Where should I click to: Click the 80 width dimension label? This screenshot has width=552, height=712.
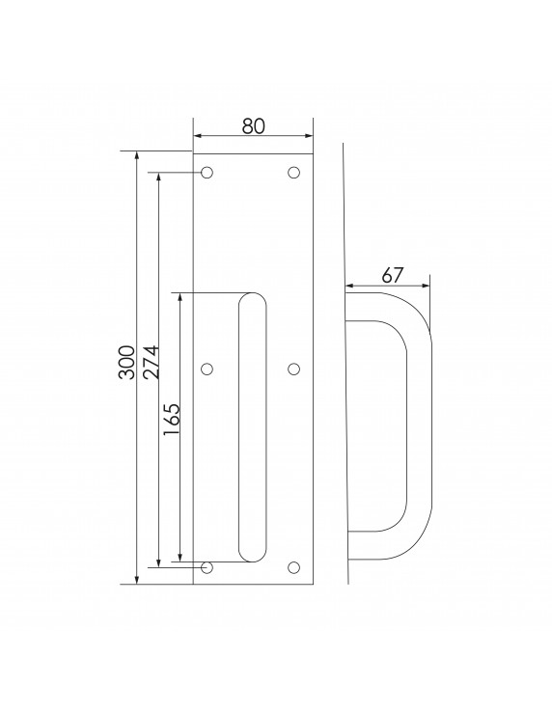pos(253,125)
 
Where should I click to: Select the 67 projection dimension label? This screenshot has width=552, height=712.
pos(392,273)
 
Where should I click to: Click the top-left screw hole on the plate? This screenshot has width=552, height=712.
pos(207,173)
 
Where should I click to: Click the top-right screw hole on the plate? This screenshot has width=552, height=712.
pos(294,173)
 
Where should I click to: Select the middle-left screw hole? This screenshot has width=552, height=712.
pos(207,369)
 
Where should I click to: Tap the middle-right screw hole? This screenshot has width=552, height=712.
pos(294,369)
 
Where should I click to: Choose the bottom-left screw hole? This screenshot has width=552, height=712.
pos(207,567)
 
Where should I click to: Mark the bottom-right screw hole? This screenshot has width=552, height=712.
pos(294,567)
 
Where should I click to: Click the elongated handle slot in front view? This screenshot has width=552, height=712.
pos(252,425)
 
